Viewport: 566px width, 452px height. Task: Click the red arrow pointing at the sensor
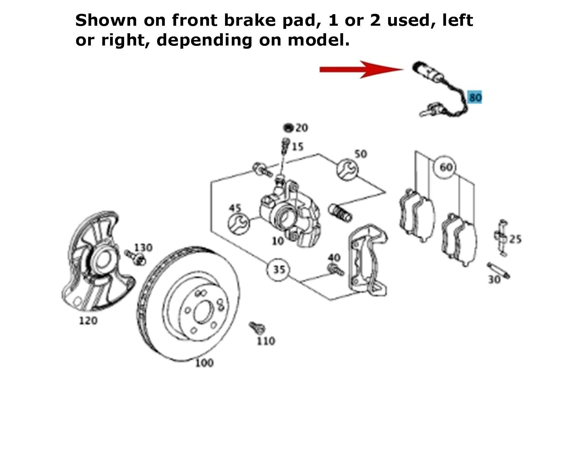(361, 69)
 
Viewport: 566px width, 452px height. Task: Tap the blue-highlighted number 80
(475, 97)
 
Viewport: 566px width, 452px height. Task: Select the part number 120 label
(88, 321)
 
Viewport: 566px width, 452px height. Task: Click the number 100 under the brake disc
(204, 363)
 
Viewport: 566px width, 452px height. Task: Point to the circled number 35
(279, 269)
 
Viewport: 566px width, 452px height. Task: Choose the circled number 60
(446, 167)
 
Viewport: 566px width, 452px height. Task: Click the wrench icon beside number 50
(347, 169)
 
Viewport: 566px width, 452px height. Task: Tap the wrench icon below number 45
(238, 224)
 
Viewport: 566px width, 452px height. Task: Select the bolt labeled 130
(135, 257)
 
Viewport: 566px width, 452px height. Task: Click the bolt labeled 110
(257, 328)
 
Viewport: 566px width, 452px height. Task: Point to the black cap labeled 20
(289, 127)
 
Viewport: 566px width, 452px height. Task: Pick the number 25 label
(515, 239)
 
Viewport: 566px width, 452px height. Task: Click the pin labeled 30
(498, 270)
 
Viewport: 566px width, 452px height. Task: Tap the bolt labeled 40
(335, 270)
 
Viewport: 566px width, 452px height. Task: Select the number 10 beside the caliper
(278, 241)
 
